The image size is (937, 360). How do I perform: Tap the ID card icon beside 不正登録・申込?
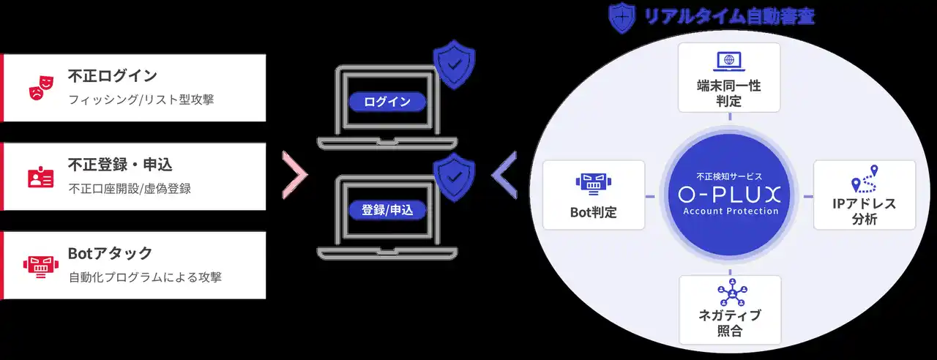[x=40, y=176]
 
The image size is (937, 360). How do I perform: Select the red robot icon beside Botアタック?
[x=40, y=265]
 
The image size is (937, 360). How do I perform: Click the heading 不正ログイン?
[x=112, y=76]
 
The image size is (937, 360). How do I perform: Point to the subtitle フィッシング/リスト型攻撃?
[x=141, y=100]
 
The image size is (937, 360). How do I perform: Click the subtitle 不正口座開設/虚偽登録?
[x=130, y=189]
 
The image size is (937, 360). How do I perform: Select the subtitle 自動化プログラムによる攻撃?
[x=145, y=277]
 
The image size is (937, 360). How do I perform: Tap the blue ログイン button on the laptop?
[x=387, y=102]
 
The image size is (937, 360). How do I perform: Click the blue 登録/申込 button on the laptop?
[x=387, y=210]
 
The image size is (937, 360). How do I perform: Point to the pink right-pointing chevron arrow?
[x=294, y=176]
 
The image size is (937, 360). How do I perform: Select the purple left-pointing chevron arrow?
[x=504, y=176]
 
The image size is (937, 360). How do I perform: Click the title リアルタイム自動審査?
[x=728, y=16]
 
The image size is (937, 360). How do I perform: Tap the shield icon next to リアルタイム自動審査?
[x=621, y=18]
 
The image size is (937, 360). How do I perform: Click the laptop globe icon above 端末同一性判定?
[x=728, y=61]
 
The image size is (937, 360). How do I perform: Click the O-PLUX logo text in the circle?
[x=730, y=195]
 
